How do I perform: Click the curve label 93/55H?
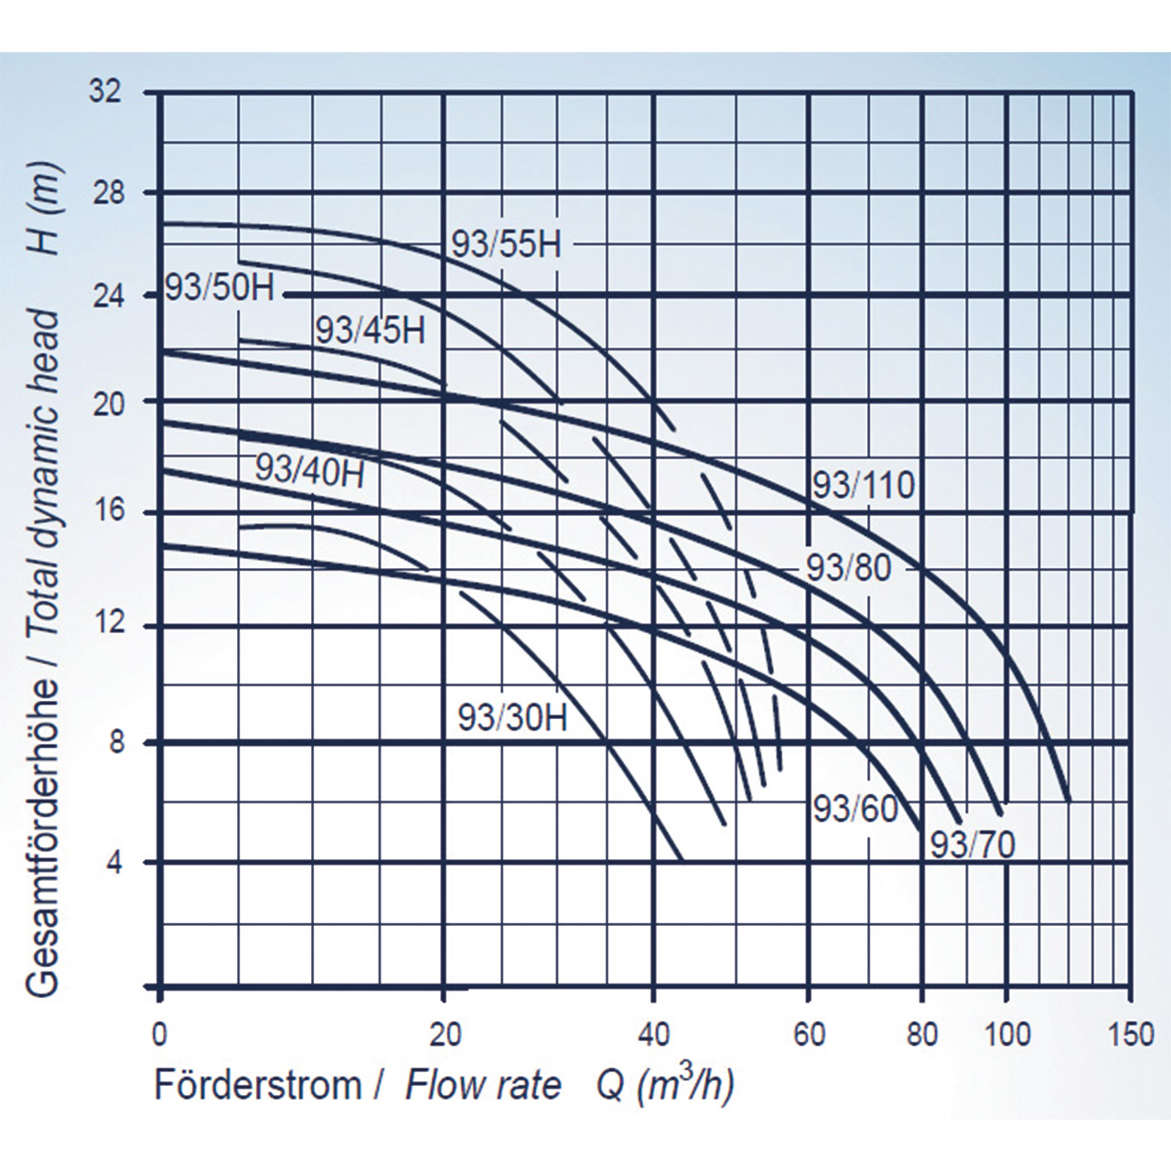tap(505, 244)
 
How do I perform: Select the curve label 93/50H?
tap(220, 287)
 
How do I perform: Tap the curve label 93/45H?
tap(370, 330)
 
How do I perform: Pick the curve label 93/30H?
tap(512, 718)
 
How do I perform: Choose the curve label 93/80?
tap(848, 568)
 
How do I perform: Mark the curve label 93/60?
tap(855, 809)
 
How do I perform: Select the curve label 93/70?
tap(972, 844)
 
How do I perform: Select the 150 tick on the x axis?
tap(1131, 1035)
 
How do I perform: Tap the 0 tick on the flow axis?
tap(160, 1035)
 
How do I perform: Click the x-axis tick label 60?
tap(809, 1035)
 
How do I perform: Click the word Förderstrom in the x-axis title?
tap(258, 1086)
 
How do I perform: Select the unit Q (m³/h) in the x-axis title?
tap(665, 1086)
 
